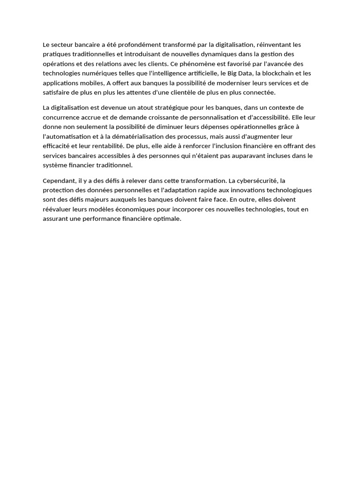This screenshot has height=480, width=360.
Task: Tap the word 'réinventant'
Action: pyautogui.click(x=273, y=45)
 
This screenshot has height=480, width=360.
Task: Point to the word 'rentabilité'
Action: pyautogui.click(x=106, y=146)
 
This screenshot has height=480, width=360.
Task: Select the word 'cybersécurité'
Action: pyautogui.click(x=259, y=180)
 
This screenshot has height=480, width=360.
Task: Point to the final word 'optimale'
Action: pyautogui.click(x=167, y=219)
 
